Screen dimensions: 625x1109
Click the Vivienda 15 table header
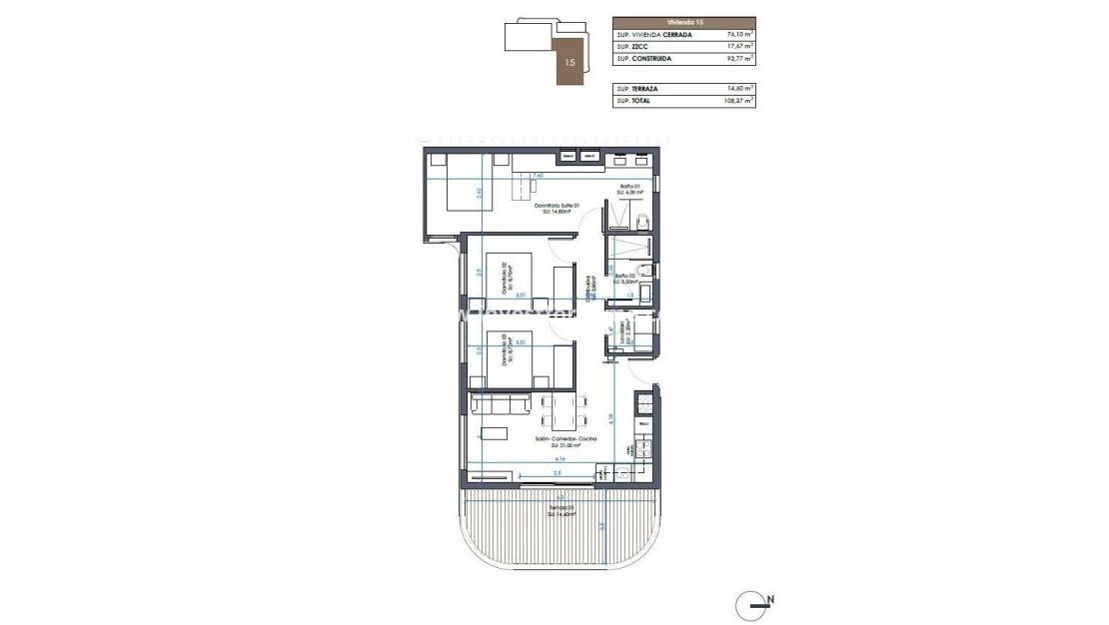[x=683, y=20]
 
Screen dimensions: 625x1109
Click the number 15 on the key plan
[x=569, y=62]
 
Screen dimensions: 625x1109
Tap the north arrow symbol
[x=756, y=602]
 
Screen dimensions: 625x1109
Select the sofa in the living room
[x=500, y=403]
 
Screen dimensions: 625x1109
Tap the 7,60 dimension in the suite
[x=538, y=175]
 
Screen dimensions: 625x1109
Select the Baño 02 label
[x=626, y=278]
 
